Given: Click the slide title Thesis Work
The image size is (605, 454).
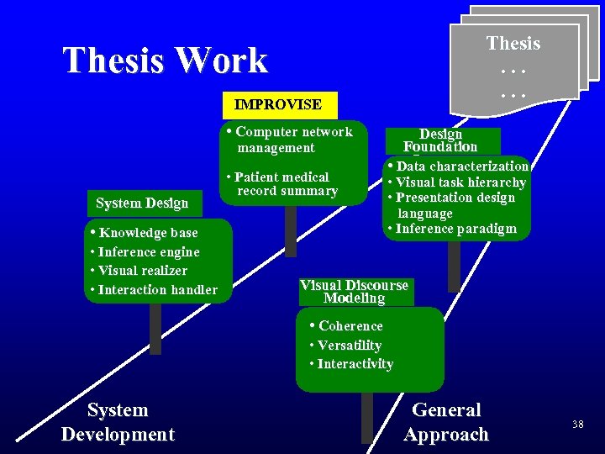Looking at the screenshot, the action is pos(165,61).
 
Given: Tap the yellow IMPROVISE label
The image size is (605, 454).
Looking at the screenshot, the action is pos(278,104).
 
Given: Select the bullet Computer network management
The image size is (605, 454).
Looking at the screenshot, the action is pos(290,140).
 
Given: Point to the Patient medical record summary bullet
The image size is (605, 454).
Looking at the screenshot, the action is pos(282,184).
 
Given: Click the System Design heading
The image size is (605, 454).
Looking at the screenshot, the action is pos(142,203).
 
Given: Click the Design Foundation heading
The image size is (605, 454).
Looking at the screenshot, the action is pos(440,140).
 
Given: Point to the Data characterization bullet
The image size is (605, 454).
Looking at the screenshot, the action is pos(461,166).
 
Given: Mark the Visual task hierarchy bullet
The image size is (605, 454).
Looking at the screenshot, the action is pos(460,182).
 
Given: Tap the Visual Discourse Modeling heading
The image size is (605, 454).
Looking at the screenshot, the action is pos(354,291).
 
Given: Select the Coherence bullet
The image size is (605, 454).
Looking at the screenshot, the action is pos(350,326).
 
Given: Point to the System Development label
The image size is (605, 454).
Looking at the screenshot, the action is pos(118,422).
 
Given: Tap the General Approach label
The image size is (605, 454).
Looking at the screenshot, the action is pos(445,422).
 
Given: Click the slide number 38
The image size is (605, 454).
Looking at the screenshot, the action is pos(577,425).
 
